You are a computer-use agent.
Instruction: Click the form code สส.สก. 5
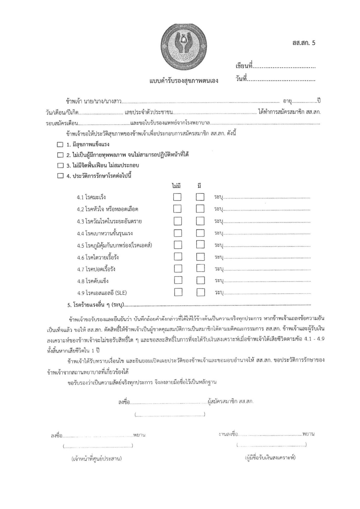point(304,43)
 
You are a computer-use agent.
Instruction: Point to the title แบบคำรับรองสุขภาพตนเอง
point(184,81)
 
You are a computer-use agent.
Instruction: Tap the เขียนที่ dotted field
point(283,67)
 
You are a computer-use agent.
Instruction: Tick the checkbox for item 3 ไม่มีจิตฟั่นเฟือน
point(60,165)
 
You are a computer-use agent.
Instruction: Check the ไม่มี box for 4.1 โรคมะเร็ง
point(178,197)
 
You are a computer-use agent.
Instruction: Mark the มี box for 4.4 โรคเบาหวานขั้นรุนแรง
point(200,233)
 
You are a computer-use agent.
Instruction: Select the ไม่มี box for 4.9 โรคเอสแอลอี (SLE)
point(178,292)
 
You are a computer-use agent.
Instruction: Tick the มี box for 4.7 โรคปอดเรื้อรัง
point(200,269)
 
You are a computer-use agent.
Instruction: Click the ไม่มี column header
point(176,186)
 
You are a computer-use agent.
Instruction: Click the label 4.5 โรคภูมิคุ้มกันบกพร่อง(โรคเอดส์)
point(114,245)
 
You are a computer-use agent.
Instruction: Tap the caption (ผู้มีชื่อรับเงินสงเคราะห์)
point(270,458)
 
